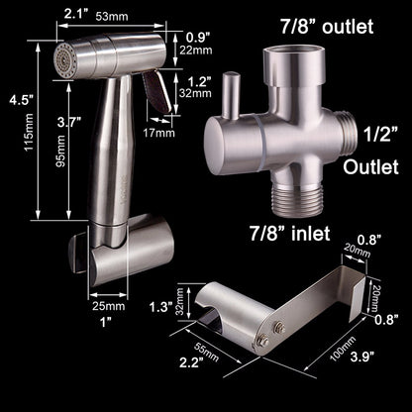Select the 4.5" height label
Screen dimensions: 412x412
(x=13, y=99)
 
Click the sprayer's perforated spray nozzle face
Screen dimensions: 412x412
(x=60, y=56)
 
